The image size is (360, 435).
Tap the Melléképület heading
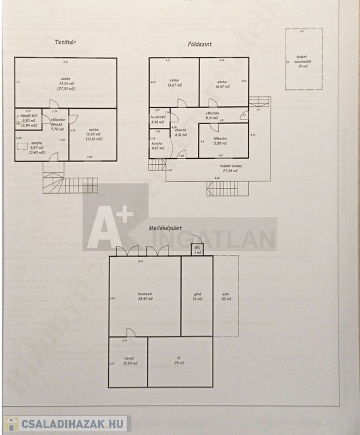[x=164, y=228]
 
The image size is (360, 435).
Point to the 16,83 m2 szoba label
[x=92, y=135]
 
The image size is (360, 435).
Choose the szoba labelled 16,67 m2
[x=173, y=84]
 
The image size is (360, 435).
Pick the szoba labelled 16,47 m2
[x=222, y=84]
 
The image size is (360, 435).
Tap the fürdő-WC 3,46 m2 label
[x=158, y=120]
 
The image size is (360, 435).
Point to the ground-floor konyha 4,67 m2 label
[x=157, y=146]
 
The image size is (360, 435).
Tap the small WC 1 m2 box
[x=196, y=250]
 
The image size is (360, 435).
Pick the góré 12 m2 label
[x=197, y=297]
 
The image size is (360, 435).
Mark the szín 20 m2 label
[x=227, y=297]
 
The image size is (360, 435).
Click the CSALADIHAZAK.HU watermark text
[x=71, y=424]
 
